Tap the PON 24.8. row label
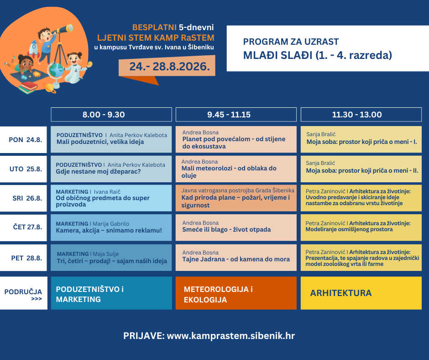24,140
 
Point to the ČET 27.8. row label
24,227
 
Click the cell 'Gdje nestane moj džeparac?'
111,169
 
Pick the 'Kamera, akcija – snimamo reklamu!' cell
111,228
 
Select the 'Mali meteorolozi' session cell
236,169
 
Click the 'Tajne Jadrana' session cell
236,258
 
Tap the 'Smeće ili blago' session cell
236,228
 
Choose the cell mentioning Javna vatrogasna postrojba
236,198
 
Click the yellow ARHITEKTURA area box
361,293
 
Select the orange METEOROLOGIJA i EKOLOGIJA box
236,293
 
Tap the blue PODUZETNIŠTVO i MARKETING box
111,293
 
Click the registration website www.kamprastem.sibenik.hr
231,336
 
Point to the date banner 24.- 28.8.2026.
167,66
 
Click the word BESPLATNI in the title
154,27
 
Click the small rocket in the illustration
34,49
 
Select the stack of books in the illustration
28,88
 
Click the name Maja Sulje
105,254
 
